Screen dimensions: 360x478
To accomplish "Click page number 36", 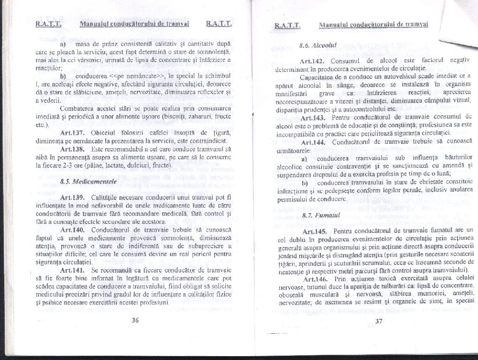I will tap(136, 319).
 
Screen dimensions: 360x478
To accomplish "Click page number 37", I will tap(378, 322).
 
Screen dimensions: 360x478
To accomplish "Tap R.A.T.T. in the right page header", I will tap(288, 26).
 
